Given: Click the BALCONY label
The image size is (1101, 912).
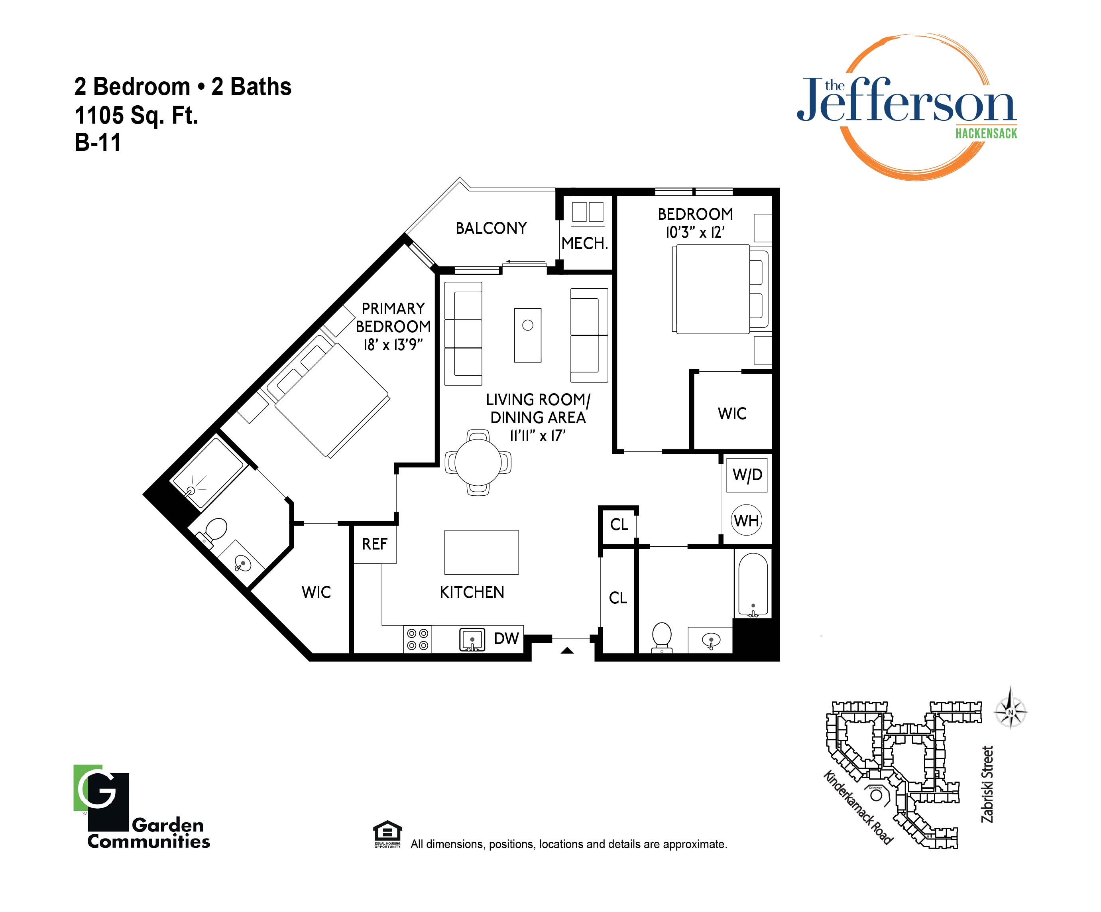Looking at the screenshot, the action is pyautogui.click(x=491, y=228).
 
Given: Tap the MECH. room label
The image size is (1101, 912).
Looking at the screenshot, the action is pyautogui.click(x=584, y=243).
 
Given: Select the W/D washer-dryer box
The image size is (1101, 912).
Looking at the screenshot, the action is pyautogui.click(x=747, y=475).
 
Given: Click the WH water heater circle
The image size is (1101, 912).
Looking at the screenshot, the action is pyautogui.click(x=747, y=520).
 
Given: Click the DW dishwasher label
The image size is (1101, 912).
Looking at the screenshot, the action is pyautogui.click(x=507, y=638).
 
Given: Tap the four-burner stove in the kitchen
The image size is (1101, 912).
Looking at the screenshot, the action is pyautogui.click(x=417, y=639).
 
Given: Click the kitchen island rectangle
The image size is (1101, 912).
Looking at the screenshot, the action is pyautogui.click(x=481, y=552).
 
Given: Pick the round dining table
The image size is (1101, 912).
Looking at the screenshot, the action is pyautogui.click(x=478, y=463).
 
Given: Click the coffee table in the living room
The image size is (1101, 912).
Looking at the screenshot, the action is pyautogui.click(x=527, y=335).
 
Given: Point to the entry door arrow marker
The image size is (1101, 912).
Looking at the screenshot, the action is pyautogui.click(x=567, y=651).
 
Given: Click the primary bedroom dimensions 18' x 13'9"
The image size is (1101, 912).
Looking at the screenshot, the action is pyautogui.click(x=393, y=345).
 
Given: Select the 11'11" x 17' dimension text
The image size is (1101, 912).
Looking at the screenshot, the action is pyautogui.click(x=538, y=436).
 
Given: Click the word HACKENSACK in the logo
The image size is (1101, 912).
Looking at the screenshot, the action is pyautogui.click(x=986, y=133).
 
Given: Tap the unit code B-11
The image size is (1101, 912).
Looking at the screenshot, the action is pyautogui.click(x=98, y=142).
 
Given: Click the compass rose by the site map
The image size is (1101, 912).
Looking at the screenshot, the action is pyautogui.click(x=1010, y=712).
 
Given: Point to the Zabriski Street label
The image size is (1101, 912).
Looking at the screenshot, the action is pyautogui.click(x=987, y=784).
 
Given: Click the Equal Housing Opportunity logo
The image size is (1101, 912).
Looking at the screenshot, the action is pyautogui.click(x=387, y=834).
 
